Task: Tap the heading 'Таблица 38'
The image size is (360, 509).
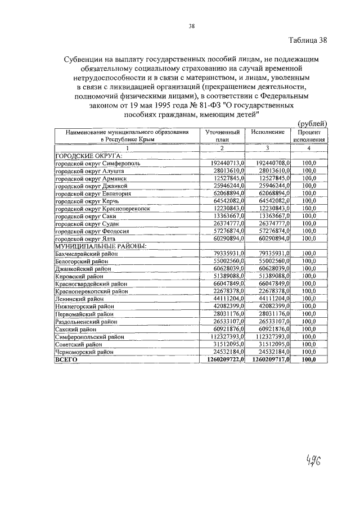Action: (308, 40)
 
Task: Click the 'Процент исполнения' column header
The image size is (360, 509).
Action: (308, 135)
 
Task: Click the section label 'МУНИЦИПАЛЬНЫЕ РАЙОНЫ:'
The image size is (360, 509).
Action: (93, 246)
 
